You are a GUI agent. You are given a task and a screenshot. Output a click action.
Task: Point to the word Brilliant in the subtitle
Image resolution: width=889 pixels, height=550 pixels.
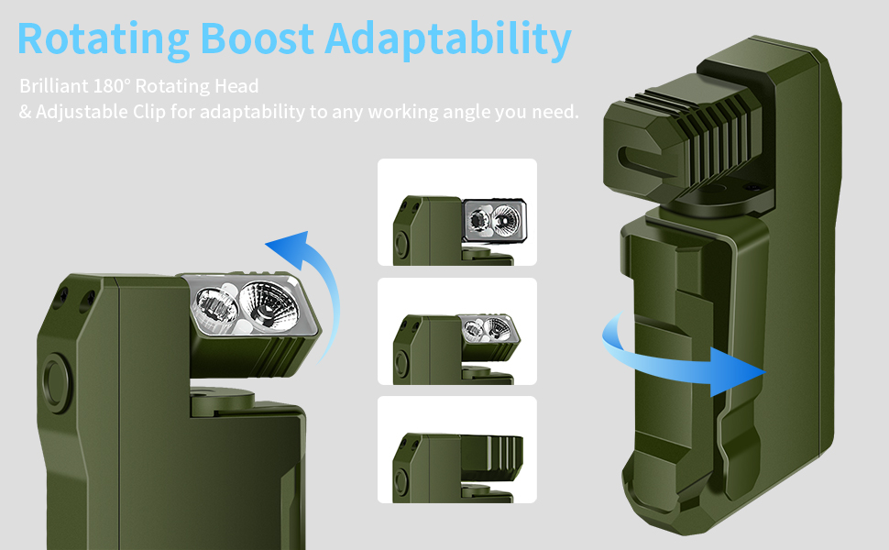53,87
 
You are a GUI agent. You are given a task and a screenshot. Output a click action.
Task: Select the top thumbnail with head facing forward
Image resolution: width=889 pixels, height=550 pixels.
456,213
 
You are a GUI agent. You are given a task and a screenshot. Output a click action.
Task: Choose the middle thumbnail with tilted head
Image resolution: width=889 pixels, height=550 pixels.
456,331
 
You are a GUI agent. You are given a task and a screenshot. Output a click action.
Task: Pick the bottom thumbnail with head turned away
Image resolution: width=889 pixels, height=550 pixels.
456,449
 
